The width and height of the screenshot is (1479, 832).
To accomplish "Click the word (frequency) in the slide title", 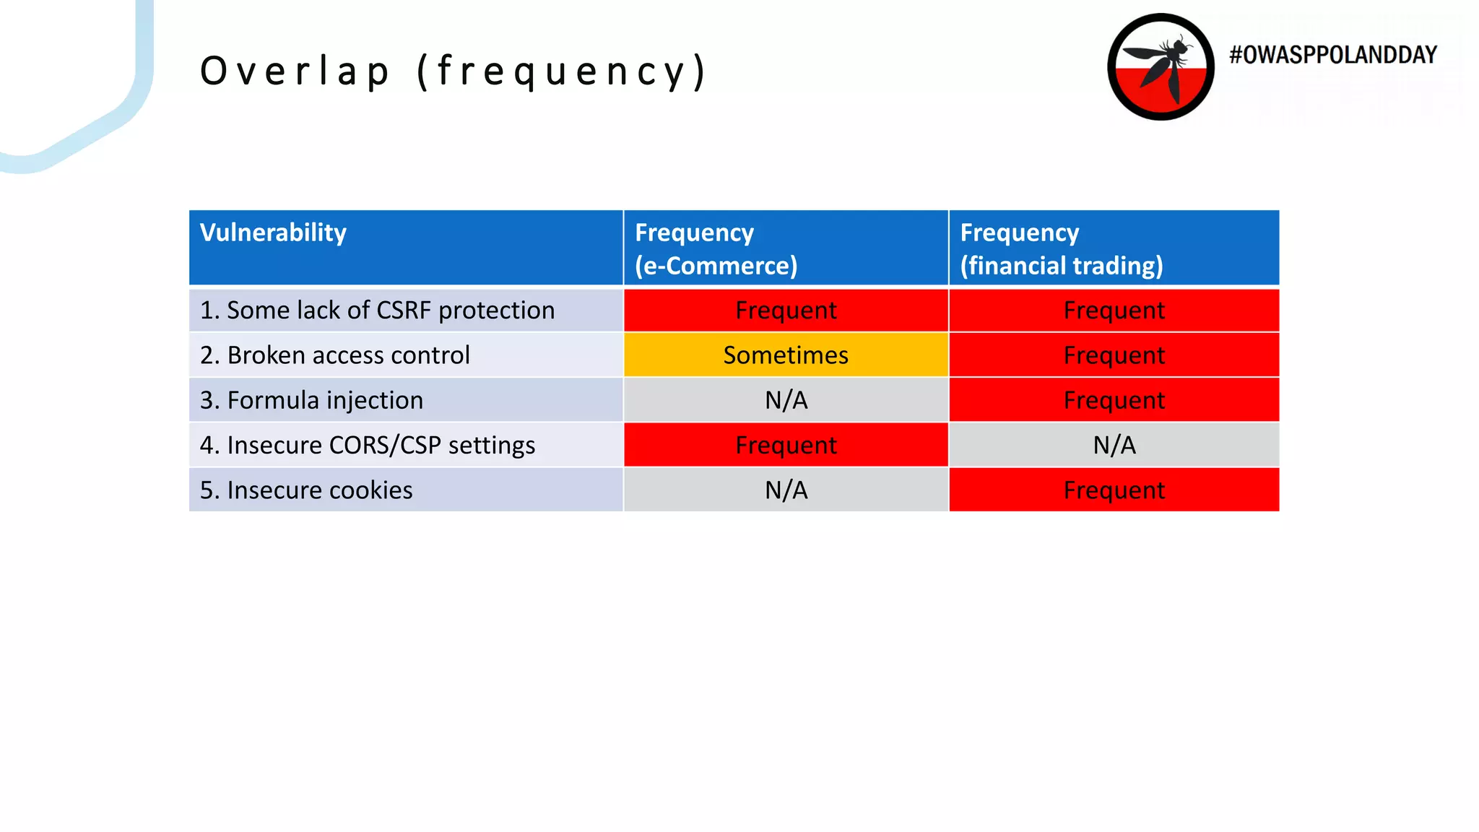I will click(x=562, y=71).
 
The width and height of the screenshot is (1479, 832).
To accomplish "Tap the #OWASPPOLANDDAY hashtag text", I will click(x=1333, y=55).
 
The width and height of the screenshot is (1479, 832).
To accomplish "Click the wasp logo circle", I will click(x=1161, y=66).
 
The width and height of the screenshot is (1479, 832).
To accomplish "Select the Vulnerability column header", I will click(x=273, y=233).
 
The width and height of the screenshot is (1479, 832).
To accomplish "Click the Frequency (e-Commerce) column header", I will click(x=716, y=248).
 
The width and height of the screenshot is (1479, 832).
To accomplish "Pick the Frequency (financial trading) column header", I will click(x=1061, y=248).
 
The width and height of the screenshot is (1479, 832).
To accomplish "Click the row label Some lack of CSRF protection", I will click(x=377, y=310).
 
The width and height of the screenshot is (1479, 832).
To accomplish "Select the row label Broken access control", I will click(x=334, y=355).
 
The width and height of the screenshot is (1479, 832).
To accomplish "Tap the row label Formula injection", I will click(x=311, y=400).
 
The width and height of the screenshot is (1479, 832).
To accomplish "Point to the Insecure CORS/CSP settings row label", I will click(x=367, y=445).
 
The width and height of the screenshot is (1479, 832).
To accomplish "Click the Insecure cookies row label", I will click(x=306, y=490).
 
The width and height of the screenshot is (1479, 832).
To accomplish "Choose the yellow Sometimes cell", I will click(x=786, y=355).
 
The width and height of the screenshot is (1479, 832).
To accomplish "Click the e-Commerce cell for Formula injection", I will click(x=786, y=400).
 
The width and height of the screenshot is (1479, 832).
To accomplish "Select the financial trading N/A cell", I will click(x=1114, y=445).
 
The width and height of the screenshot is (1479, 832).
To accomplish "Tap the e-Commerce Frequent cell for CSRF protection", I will click(x=786, y=310).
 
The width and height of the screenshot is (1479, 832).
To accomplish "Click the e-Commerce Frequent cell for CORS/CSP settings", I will click(x=786, y=445).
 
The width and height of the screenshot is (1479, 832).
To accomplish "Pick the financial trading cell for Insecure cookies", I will click(x=1114, y=490).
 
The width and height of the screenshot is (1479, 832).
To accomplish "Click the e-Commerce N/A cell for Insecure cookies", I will click(x=786, y=490).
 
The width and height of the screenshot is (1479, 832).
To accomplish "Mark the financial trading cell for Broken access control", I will click(x=1114, y=355).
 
